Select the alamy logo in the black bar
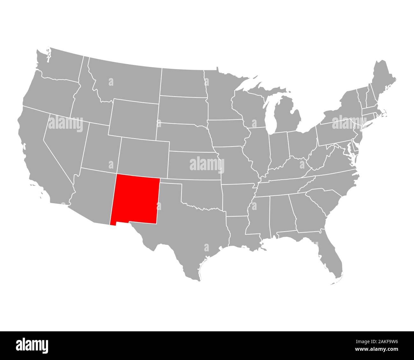pyautogui.click(x=32, y=345)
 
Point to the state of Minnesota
pyautogui.click(x=220, y=96)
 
